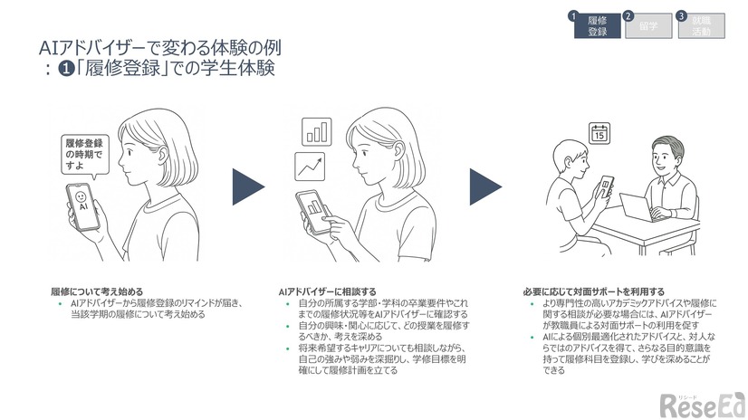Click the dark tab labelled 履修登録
[598, 26]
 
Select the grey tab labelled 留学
[649, 26]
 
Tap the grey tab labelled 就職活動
[703, 26]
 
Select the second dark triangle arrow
[484, 186]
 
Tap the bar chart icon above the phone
[317, 131]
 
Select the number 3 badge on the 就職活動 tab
[680, 16]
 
